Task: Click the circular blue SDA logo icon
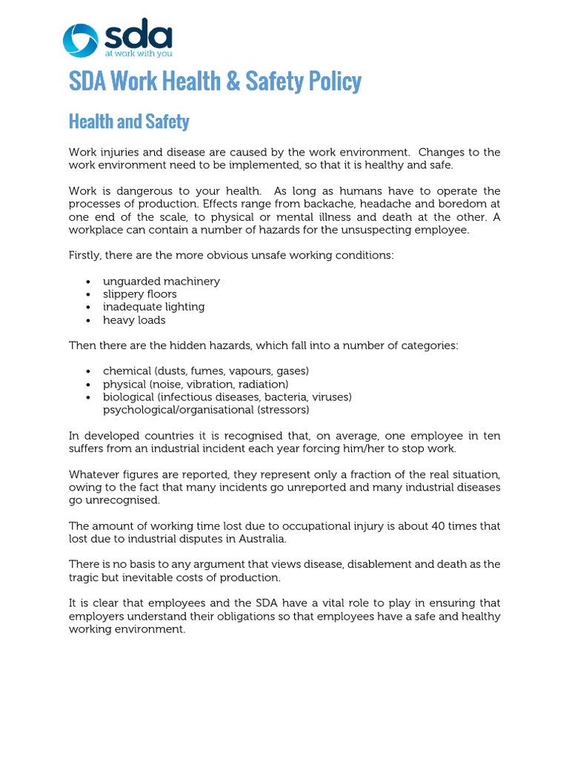tap(79, 40)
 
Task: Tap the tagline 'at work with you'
tap(138, 53)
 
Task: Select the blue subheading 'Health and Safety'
tap(129, 122)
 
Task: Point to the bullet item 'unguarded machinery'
tap(161, 281)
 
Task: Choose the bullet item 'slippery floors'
tap(139, 294)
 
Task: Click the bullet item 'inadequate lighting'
tap(153, 307)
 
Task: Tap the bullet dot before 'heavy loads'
tap(88, 321)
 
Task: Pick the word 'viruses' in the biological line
tap(331, 397)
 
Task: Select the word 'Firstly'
tap(86, 256)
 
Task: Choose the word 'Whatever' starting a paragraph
tap(93, 474)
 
